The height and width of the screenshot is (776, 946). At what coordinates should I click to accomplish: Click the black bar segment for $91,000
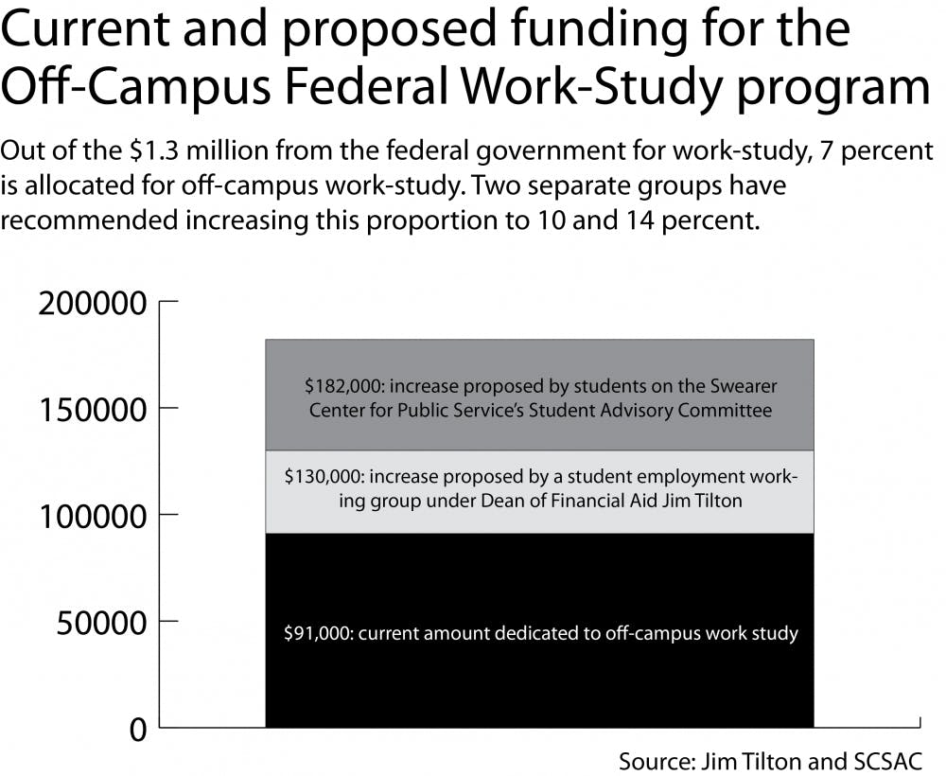(539, 681)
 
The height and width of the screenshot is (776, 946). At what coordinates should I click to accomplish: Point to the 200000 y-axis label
(92, 304)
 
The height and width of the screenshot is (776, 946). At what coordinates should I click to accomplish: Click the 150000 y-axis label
(92, 410)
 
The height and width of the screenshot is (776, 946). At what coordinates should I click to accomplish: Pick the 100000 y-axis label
(92, 517)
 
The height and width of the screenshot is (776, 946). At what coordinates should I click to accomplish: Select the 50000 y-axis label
(100, 624)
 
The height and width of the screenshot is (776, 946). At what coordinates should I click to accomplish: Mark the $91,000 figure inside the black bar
(318, 633)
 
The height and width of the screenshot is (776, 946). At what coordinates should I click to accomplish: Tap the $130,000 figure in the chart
(323, 477)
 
